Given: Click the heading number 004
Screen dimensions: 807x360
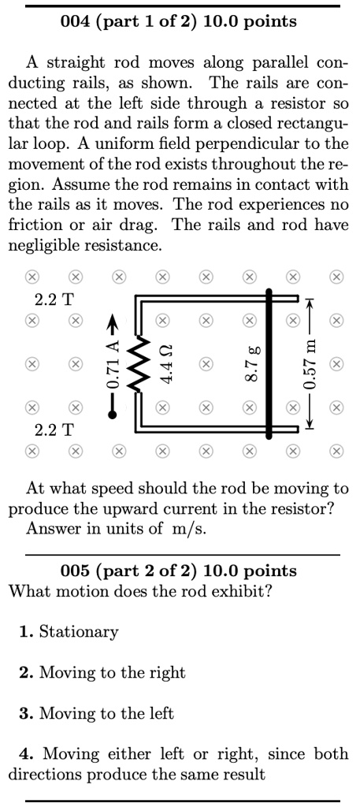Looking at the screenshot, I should point(76,21).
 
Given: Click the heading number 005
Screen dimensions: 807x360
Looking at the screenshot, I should point(76,570).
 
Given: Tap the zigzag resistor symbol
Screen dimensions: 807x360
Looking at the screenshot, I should point(139,364).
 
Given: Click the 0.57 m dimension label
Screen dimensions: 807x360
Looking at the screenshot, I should point(311,364).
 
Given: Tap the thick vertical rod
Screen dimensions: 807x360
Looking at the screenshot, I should point(269,364).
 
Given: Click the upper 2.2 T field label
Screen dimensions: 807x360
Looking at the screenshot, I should point(54,299).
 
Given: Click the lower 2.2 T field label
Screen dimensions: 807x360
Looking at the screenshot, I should point(54,430).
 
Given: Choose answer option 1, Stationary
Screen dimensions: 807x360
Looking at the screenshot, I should point(79,631).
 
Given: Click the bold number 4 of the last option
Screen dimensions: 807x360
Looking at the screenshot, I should point(24,754).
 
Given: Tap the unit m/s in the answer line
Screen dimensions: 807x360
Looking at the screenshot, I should point(189,528).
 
